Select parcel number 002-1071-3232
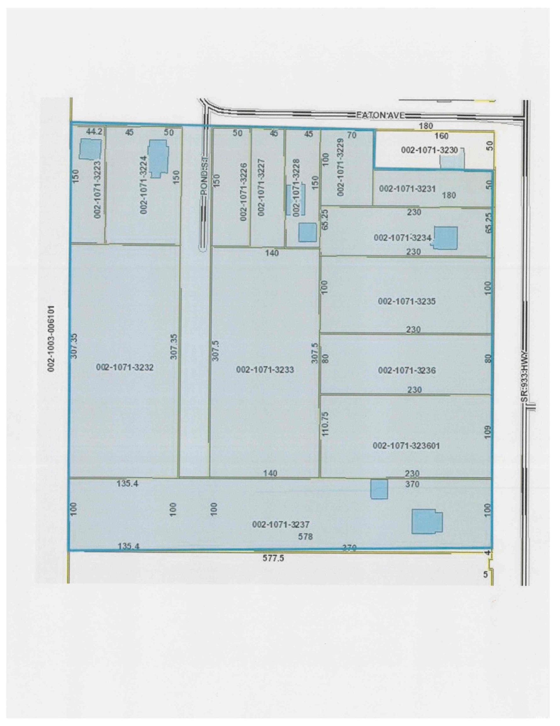(125, 367)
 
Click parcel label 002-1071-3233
(265, 370)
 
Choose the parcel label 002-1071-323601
(406, 446)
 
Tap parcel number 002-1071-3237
(281, 525)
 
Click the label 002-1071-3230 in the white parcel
(429, 150)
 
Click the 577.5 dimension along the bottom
(273, 558)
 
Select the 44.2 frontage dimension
(94, 132)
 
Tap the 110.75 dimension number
(325, 424)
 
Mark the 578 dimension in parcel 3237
(305, 537)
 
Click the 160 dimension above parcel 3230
(441, 136)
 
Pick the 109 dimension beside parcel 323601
(487, 432)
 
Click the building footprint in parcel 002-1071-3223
(90, 149)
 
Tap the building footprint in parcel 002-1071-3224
(158, 158)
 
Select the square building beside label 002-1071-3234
(446, 238)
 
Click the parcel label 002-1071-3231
(407, 188)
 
